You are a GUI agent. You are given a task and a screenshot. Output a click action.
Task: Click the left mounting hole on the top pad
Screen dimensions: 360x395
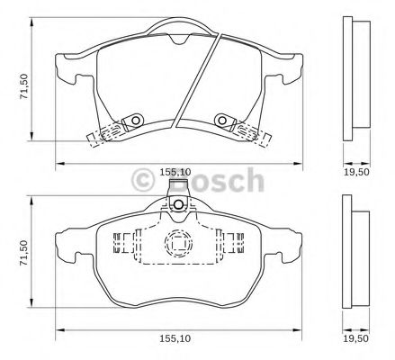click(x=132, y=119)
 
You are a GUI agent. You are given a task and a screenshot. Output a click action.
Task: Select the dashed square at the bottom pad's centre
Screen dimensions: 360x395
click(x=176, y=244)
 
